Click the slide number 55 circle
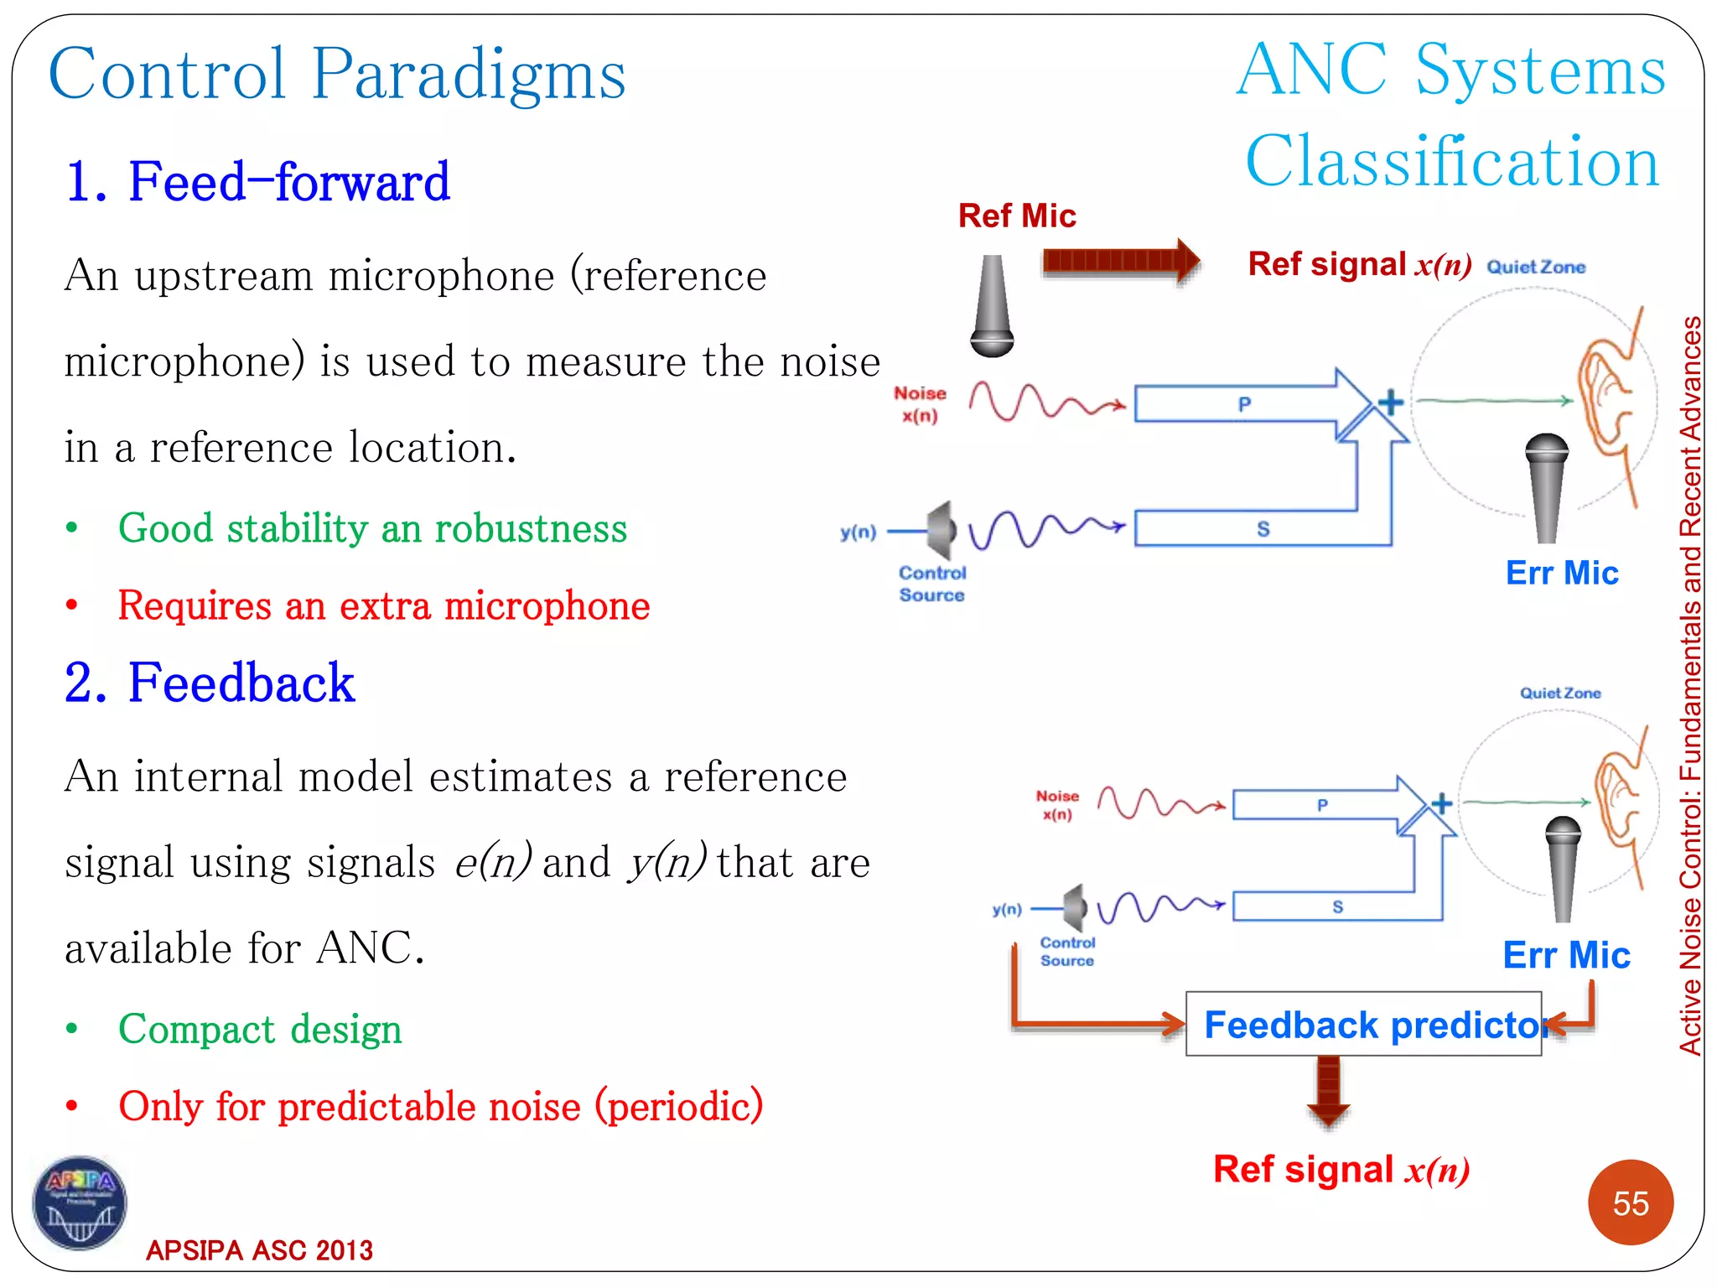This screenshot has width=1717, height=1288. pyautogui.click(x=1630, y=1202)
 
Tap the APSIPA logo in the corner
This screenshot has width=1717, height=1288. pyautogui.click(x=80, y=1203)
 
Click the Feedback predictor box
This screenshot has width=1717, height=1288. pyautogui.click(x=1363, y=1024)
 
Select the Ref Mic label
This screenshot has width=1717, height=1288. pyautogui.click(x=1016, y=216)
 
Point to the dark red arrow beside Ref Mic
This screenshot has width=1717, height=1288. pyautogui.click(x=1120, y=261)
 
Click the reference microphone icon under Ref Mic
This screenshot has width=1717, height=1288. pyautogui.click(x=992, y=306)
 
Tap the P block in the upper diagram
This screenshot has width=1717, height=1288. pyautogui.click(x=1244, y=403)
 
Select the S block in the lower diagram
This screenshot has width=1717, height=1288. pyautogui.click(x=1337, y=906)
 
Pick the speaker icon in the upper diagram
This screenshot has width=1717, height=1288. pyautogui.click(x=943, y=531)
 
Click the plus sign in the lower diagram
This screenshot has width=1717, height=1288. pyautogui.click(x=1441, y=803)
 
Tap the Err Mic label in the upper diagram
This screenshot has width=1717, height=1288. pyautogui.click(x=1561, y=573)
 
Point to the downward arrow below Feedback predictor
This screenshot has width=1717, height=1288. pyautogui.click(x=1328, y=1090)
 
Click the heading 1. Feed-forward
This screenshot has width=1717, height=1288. pyautogui.click(x=257, y=181)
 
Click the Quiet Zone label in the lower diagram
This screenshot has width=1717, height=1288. pyautogui.click(x=1560, y=693)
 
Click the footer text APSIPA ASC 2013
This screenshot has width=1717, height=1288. pyautogui.click(x=259, y=1249)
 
